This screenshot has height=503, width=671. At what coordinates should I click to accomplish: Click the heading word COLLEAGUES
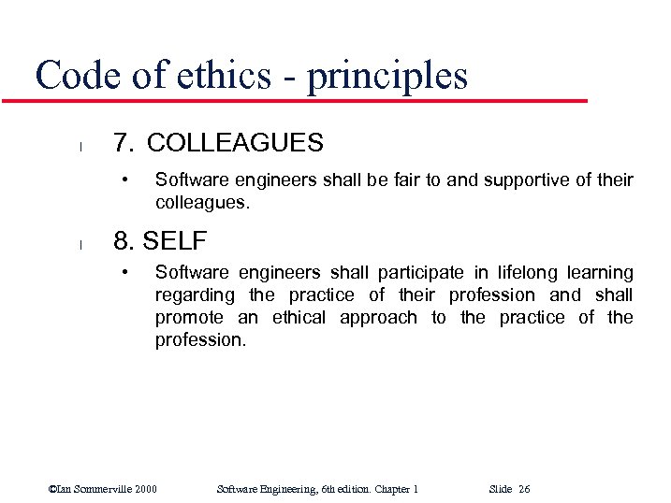pyautogui.click(x=235, y=143)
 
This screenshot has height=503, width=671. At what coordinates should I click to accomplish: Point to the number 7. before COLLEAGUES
pyautogui.click(x=124, y=143)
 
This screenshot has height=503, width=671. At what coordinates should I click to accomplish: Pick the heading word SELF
pyautogui.click(x=175, y=241)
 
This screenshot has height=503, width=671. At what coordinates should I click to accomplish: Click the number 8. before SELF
pyautogui.click(x=124, y=241)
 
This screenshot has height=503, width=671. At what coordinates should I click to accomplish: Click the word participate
pyautogui.click(x=420, y=273)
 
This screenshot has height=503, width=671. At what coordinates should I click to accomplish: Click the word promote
pyautogui.click(x=189, y=318)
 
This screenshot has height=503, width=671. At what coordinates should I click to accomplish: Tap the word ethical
pyautogui.click(x=299, y=318)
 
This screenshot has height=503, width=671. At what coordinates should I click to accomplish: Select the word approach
pyautogui.click(x=378, y=318)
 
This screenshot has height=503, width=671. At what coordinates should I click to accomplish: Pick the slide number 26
pyautogui.click(x=523, y=489)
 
